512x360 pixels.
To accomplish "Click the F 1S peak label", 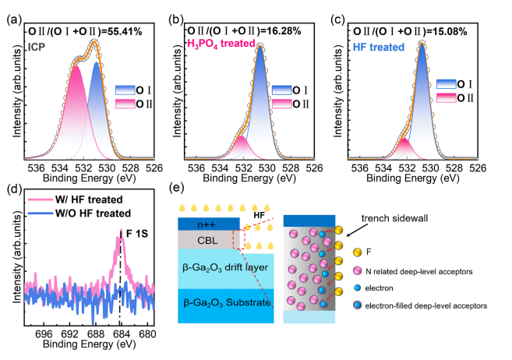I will [x=134, y=231].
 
